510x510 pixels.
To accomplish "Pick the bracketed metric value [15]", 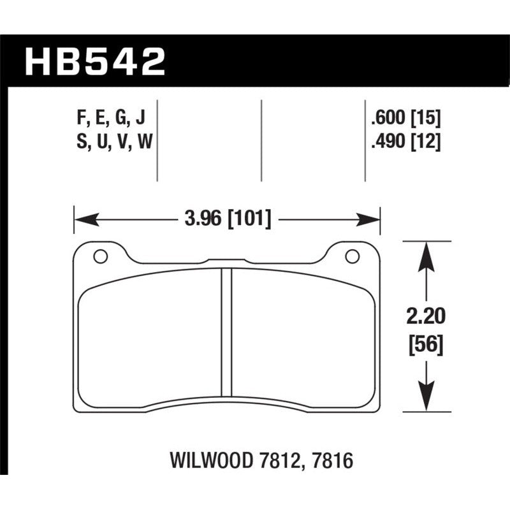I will click(426, 117).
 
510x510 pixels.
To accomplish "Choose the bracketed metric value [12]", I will click(426, 143).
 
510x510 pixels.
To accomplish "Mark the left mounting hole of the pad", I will click(99, 257).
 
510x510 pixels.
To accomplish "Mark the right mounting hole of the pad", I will click(351, 257).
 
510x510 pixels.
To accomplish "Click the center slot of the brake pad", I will click(226, 331).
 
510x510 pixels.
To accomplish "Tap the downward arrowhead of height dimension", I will click(425, 402).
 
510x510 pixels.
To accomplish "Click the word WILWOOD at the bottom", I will click(212, 460).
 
